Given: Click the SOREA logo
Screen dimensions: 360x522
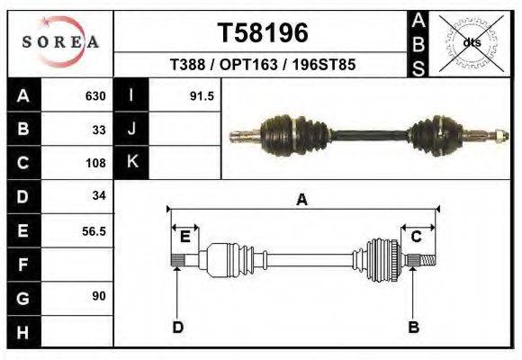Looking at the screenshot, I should (x=59, y=42).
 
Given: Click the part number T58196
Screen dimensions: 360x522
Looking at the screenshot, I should (x=263, y=32).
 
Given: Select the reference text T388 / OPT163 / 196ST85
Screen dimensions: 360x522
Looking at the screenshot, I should (x=263, y=66).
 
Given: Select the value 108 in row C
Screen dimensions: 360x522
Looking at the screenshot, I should (x=95, y=163).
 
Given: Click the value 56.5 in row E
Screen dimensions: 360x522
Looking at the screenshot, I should (x=94, y=231).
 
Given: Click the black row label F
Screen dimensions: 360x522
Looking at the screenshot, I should (x=23, y=265).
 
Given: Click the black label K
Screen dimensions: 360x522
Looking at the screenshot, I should (x=132, y=162).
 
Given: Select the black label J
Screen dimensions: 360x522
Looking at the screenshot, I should (x=132, y=130).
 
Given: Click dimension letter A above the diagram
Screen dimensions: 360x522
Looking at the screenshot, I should (x=302, y=200).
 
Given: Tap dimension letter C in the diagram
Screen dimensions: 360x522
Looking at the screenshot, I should (x=418, y=237).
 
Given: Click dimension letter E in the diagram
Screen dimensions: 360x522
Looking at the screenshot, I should (x=185, y=237).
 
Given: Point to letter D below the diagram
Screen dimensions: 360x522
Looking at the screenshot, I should (x=177, y=327).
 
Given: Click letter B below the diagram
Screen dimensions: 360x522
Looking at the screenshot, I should (x=414, y=327).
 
